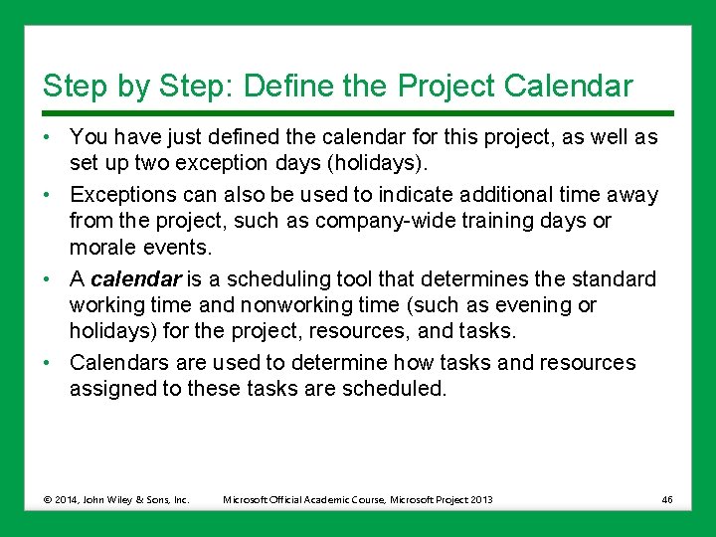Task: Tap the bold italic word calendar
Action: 130,278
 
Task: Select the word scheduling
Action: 273,278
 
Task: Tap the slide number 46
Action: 666,499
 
